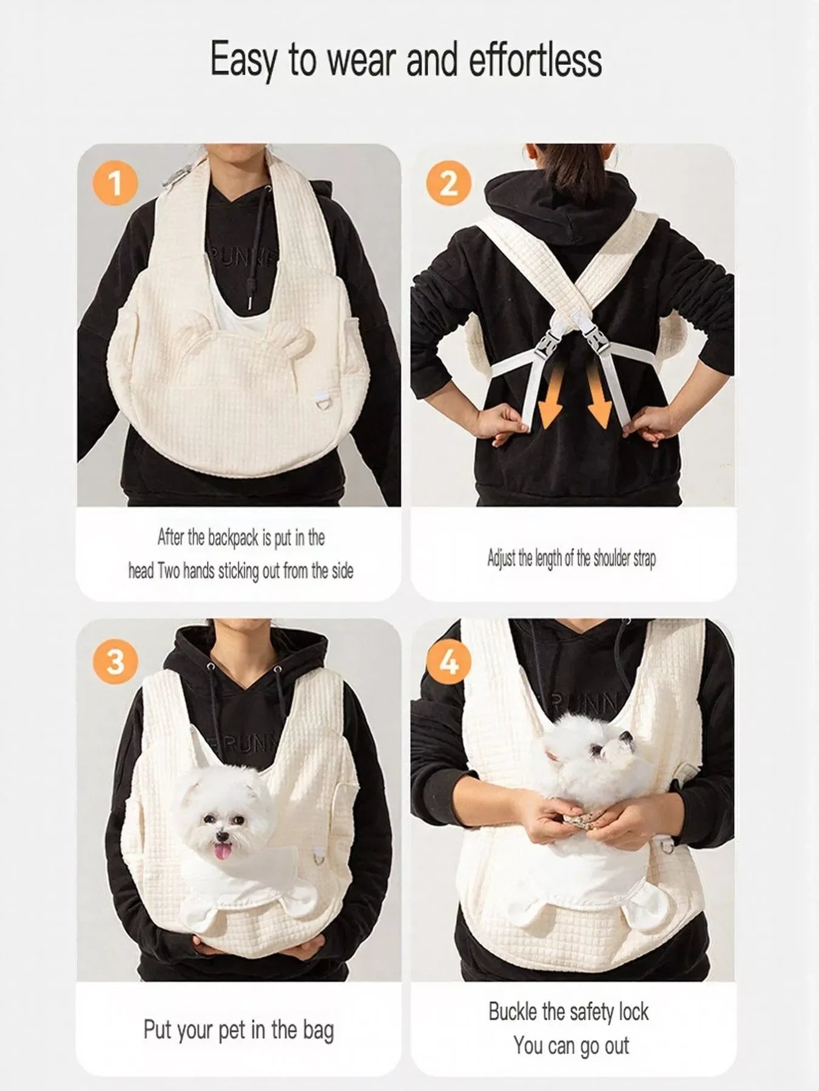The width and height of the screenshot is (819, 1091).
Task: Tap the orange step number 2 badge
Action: pos(448,184)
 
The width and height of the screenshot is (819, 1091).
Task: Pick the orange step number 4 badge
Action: pos(448,661)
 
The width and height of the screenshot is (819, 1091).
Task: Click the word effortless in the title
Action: pos(536,61)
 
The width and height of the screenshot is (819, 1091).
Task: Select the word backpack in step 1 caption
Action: pos(234,538)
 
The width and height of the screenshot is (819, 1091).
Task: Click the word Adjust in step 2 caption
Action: pos(502,559)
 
